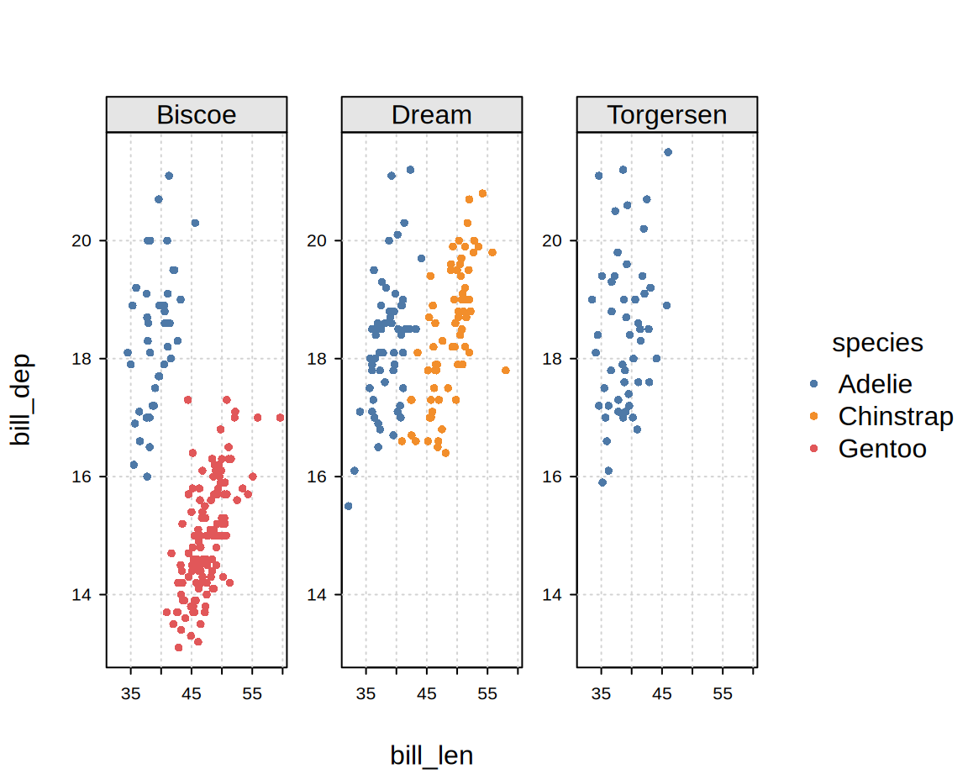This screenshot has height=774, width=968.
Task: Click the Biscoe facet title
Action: click(x=197, y=115)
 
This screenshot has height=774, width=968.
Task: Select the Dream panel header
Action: click(x=432, y=115)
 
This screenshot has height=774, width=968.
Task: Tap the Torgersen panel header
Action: click(x=667, y=115)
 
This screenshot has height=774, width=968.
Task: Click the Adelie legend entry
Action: click(x=875, y=384)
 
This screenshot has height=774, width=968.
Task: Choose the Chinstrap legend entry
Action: click(x=895, y=416)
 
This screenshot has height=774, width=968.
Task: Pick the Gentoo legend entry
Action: click(x=881, y=449)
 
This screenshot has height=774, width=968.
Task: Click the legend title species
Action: click(x=877, y=343)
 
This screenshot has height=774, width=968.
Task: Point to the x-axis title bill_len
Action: click(x=432, y=756)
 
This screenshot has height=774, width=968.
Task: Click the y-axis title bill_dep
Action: click(x=20, y=398)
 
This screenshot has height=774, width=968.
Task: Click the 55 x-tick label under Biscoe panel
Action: click(x=252, y=694)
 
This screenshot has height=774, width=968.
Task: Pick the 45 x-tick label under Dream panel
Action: click(x=427, y=694)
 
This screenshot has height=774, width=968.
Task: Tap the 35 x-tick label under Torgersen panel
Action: click(x=602, y=694)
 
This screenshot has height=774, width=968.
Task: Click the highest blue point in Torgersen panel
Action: click(x=668, y=152)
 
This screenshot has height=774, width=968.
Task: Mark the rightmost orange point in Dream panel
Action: click(x=506, y=371)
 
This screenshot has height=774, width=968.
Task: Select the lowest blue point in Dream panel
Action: click(x=349, y=506)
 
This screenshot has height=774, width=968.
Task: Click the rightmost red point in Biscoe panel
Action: click(x=280, y=418)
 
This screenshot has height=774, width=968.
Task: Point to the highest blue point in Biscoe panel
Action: click(x=169, y=176)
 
